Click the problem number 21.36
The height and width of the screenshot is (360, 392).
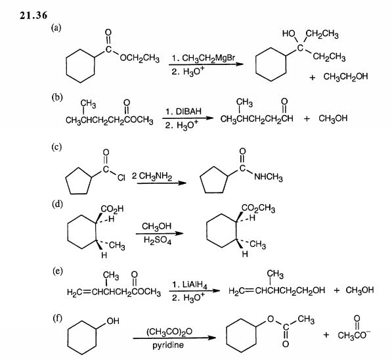coord(33,15)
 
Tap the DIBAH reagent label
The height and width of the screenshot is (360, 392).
coord(188,111)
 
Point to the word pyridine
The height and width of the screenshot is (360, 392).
coord(168,346)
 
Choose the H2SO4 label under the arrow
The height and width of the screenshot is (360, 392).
coord(158,240)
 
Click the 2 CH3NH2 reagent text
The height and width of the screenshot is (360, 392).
coord(152,176)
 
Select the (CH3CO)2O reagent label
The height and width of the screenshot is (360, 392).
coord(169,332)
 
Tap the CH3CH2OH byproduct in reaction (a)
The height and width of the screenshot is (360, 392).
coord(345,77)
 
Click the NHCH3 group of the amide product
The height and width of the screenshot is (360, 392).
coord(269,177)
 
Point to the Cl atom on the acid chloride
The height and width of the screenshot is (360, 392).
coord(121,177)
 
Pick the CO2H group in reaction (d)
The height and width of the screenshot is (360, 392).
coord(112,209)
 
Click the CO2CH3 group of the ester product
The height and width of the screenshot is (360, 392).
coord(258,208)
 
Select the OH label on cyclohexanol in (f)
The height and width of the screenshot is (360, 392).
coord(113,321)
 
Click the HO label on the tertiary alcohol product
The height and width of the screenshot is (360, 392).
coord(288,34)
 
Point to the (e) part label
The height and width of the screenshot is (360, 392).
coord(57,271)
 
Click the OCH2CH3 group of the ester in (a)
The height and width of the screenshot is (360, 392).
coord(139,58)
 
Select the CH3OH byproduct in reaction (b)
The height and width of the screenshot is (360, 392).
coord(333,118)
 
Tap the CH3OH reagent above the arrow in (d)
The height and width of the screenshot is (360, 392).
coord(157,227)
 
